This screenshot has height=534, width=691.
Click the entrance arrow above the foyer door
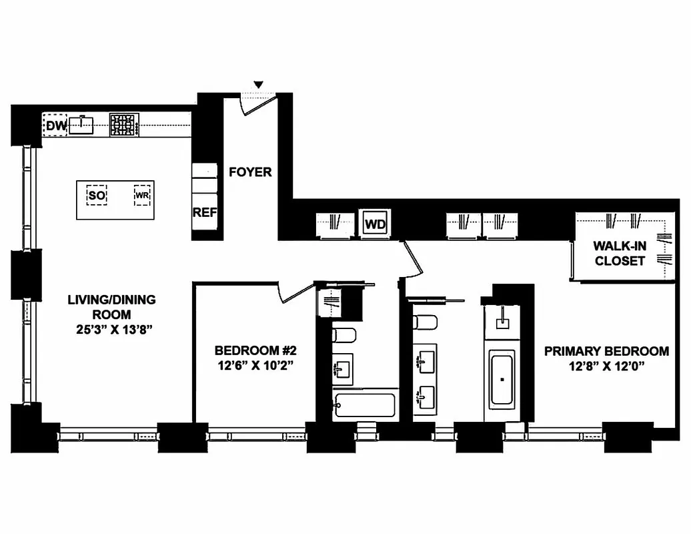point(259,84)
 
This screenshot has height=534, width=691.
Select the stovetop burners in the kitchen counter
point(124,125)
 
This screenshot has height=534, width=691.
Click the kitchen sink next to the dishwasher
point(83,125)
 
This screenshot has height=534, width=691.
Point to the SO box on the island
point(97,196)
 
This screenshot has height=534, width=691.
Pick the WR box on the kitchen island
point(142,196)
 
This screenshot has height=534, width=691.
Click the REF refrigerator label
point(205,213)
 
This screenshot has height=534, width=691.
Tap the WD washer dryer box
point(376,224)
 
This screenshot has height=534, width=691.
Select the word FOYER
point(250,172)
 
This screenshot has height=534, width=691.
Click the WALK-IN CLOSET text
point(620,254)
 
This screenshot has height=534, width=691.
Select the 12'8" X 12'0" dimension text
point(606,366)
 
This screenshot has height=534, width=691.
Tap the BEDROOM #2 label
point(254,350)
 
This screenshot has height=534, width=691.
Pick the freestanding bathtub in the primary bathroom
point(502,381)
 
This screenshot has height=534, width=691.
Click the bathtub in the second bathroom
point(365,405)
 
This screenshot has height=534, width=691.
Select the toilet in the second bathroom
point(344,335)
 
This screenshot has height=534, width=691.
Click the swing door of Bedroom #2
point(295,292)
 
